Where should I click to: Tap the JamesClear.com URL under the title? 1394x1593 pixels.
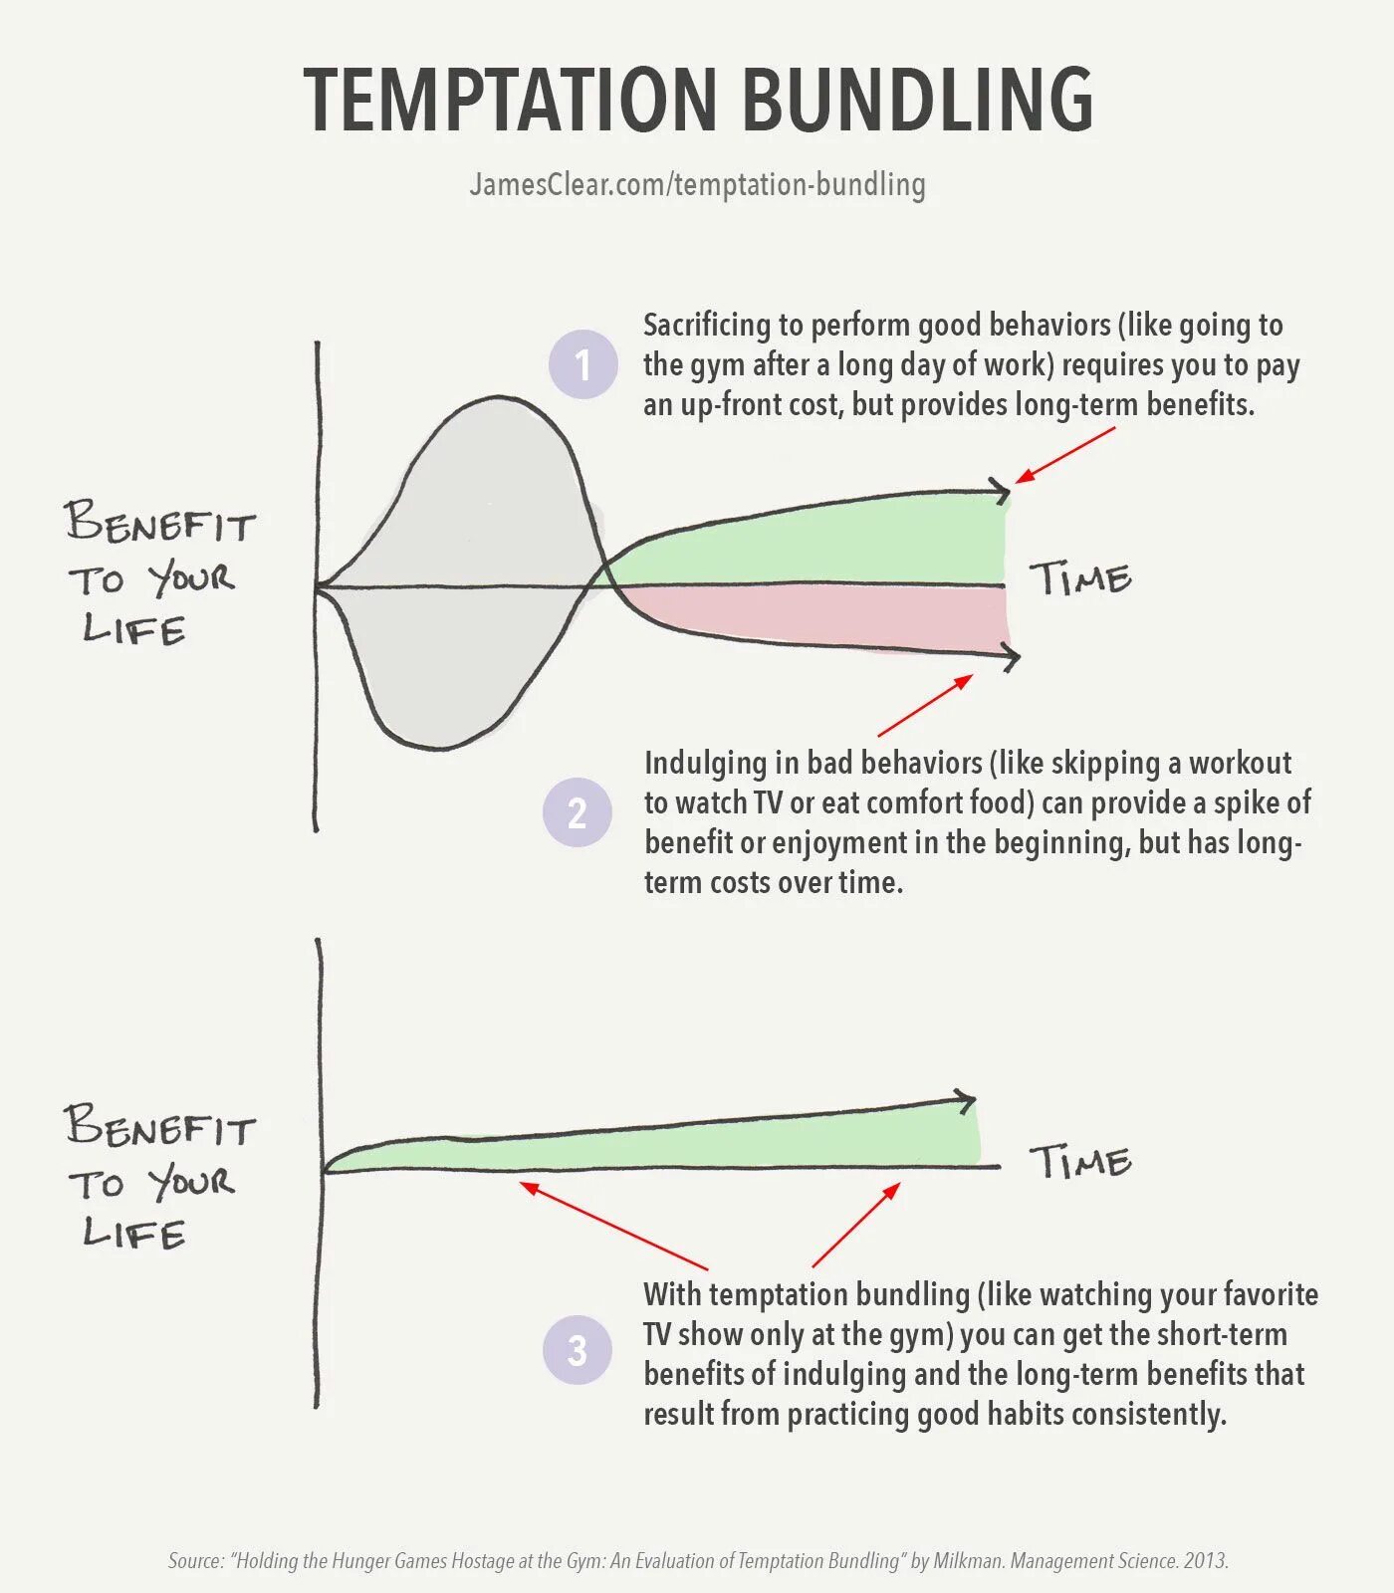click(x=697, y=184)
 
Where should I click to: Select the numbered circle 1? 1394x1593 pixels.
click(x=582, y=364)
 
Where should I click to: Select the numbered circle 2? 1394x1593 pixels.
click(x=578, y=812)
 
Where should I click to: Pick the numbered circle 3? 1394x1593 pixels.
click(x=578, y=1350)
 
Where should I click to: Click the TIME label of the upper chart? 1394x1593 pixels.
click(x=1080, y=578)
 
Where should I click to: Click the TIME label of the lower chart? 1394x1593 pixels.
click(x=1080, y=1161)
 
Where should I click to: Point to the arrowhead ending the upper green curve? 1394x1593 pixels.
click(x=1001, y=490)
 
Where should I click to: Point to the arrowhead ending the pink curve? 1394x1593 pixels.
click(x=1010, y=657)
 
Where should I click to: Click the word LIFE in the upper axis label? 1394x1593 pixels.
click(x=133, y=629)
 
